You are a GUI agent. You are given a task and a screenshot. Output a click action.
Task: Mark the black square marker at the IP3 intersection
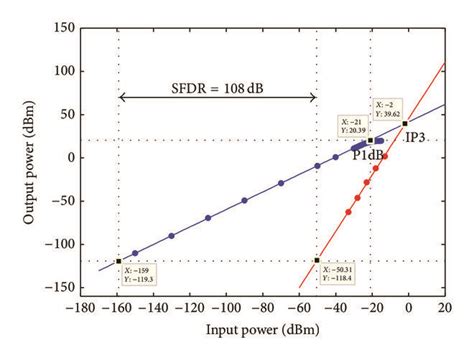pos(405,123)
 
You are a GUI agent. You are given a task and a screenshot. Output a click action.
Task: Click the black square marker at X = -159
pos(119,261)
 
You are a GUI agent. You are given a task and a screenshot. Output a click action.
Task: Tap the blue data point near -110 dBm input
pos(208,218)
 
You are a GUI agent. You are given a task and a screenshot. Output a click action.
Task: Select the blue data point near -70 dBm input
pos(281,183)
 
